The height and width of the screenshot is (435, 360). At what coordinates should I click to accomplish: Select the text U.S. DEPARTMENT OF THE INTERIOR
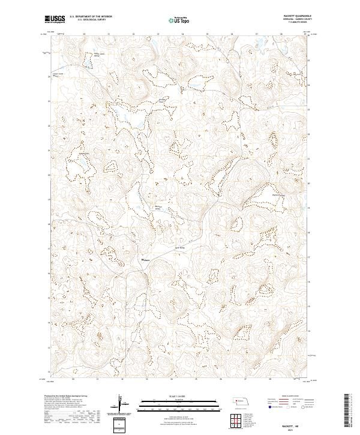(x=91, y=17)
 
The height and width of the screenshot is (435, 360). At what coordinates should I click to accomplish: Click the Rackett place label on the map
(x=145, y=260)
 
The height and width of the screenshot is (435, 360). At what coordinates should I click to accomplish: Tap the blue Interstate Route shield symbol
(x=268, y=407)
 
